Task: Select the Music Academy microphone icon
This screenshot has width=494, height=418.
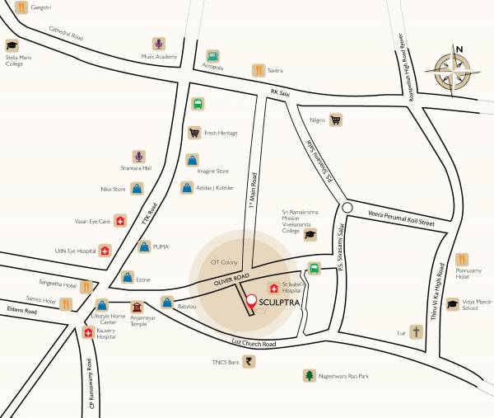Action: click(x=158, y=43)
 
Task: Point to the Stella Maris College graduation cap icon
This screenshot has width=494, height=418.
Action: click(x=12, y=45)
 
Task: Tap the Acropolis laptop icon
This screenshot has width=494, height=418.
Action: click(x=213, y=56)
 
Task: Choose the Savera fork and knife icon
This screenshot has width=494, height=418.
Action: click(x=258, y=70)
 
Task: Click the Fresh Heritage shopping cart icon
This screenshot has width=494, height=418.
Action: click(x=194, y=132)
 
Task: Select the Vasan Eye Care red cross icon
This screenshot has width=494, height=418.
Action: click(x=120, y=221)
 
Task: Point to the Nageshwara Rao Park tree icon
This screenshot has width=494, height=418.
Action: click(x=310, y=375)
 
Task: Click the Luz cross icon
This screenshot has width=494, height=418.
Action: click(x=417, y=332)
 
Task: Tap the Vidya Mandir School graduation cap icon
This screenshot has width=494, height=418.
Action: click(x=452, y=304)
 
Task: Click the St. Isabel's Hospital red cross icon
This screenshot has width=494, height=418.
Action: click(x=273, y=288)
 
